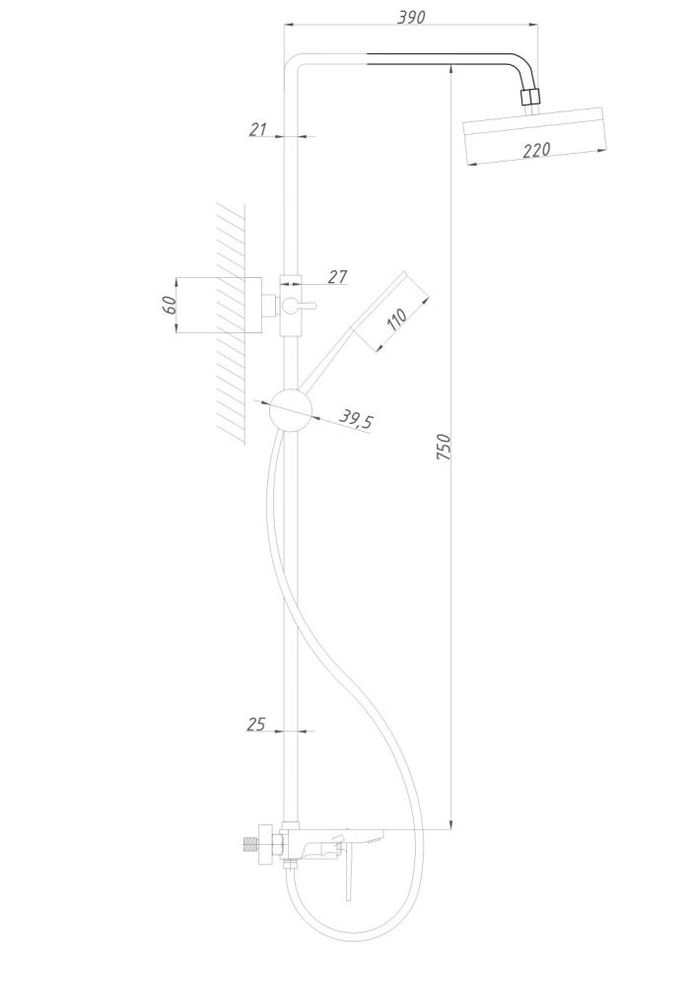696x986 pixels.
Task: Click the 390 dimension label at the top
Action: click(x=411, y=17)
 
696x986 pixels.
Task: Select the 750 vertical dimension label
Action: click(x=444, y=447)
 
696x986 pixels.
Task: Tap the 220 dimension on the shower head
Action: click(x=536, y=150)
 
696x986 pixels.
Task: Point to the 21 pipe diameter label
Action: click(x=257, y=129)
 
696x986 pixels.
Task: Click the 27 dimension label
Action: click(x=337, y=276)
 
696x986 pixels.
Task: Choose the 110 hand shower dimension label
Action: click(x=396, y=320)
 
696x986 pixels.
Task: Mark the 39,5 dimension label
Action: click(x=356, y=419)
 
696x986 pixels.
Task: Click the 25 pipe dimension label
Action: click(x=256, y=725)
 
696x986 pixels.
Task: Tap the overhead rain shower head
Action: click(x=535, y=136)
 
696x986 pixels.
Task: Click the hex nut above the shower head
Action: click(x=531, y=97)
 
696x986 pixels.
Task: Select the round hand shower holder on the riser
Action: click(x=291, y=410)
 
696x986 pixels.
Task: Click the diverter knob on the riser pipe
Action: click(x=297, y=307)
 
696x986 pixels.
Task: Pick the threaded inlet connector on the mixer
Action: click(x=249, y=845)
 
